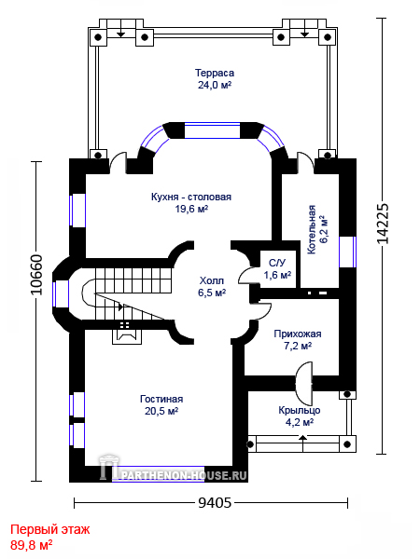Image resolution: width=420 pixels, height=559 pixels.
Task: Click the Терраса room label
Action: point(215,73)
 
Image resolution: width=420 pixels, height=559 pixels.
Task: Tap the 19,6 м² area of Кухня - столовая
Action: point(191,209)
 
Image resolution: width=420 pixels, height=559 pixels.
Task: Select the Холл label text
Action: point(212,280)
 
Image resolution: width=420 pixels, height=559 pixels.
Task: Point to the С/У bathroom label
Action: point(277,263)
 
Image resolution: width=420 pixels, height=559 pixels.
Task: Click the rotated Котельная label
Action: point(312,229)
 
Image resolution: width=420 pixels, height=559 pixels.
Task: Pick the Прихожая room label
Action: point(298,334)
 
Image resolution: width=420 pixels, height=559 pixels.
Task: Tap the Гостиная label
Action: point(161,399)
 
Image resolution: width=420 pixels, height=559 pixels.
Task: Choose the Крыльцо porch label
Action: point(300,410)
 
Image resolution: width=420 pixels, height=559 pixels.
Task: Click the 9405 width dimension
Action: point(215,503)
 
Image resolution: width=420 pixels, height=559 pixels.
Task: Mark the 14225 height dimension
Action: point(383,224)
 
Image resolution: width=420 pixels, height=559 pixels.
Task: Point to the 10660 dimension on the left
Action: point(36,275)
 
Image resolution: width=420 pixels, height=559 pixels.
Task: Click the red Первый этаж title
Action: point(50,529)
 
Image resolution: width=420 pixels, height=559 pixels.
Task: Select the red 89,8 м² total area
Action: point(32,545)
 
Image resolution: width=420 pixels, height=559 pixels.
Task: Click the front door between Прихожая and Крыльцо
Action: point(304,381)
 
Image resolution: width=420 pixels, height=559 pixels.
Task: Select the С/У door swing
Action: point(247,275)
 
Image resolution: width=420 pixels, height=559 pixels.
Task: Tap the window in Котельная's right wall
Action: point(347,252)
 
